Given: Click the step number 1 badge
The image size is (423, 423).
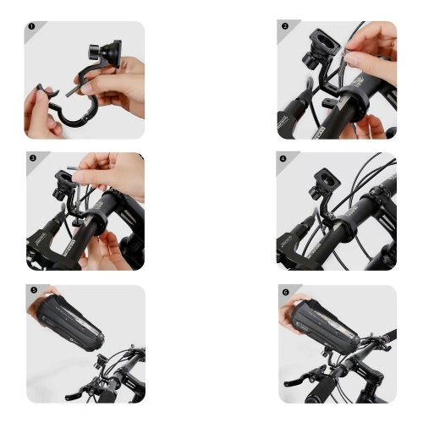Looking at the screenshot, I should tap(30, 26).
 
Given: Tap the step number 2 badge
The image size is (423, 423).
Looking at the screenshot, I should tap(285, 26).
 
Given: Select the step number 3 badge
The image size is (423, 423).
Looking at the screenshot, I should tap(32, 158).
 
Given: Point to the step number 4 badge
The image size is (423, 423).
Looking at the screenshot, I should tap(284, 158).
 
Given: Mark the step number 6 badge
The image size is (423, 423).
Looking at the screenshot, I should tap(285, 290).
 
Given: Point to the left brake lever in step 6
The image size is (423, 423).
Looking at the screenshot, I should tap(296, 379).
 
